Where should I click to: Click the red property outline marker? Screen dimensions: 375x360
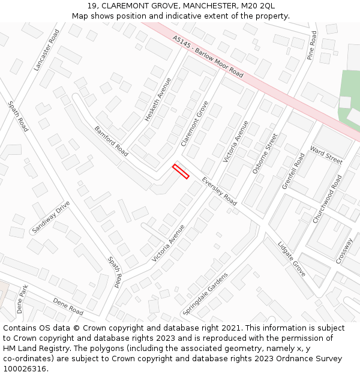tap(181, 171)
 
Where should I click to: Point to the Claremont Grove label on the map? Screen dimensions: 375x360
tap(194, 123)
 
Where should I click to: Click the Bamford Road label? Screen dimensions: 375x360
tap(111, 141)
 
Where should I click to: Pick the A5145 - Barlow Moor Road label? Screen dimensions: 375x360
tap(208, 56)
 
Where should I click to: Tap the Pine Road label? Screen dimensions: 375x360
tap(312, 46)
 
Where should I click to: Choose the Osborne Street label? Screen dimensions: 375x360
tap(265, 154)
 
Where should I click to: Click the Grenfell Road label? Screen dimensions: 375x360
tap(293, 171)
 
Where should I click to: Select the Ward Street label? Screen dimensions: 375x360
tap(326, 157)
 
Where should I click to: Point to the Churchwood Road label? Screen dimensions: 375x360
tap(327, 199)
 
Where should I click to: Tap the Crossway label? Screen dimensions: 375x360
tap(344, 250)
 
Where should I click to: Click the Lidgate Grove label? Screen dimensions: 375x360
tap(292, 259)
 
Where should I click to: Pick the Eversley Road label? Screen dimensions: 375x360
tap(219, 191)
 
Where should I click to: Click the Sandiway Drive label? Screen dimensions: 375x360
tap(50, 218)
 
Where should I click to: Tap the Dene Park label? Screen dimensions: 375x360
tap(22, 299)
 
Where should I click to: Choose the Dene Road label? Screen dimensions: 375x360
tap(68, 306)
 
